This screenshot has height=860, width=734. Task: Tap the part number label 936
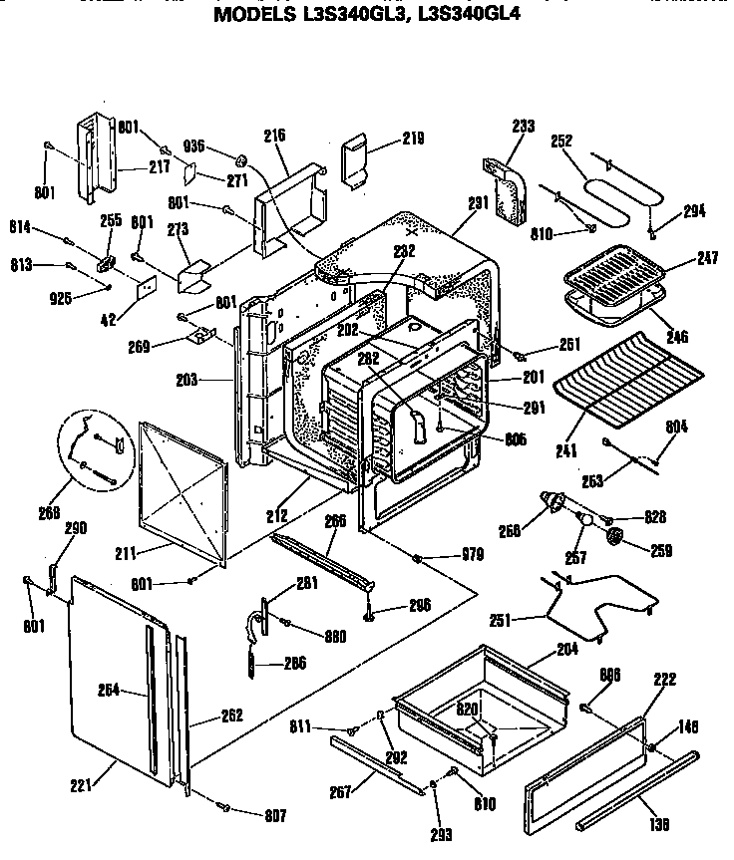point(194,146)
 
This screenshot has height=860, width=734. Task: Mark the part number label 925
point(62,298)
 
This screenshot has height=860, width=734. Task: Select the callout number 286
point(294,663)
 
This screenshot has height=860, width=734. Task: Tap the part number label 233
point(523,127)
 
